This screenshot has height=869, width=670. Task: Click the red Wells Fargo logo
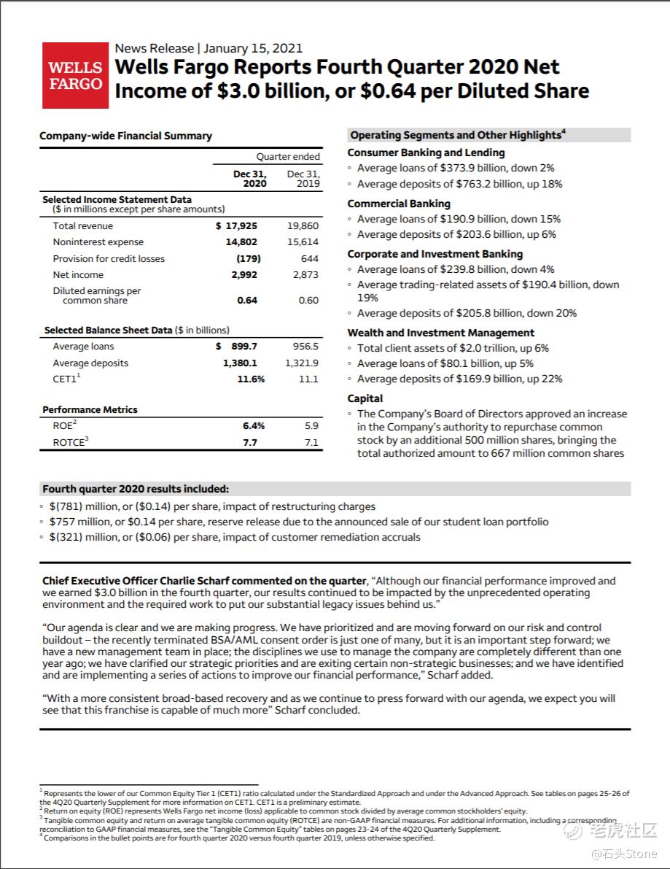pyautogui.click(x=75, y=75)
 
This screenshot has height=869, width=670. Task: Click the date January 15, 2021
pyautogui.click(x=253, y=48)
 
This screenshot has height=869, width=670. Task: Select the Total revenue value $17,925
pyautogui.click(x=236, y=226)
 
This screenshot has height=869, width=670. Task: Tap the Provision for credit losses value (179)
pyautogui.click(x=248, y=259)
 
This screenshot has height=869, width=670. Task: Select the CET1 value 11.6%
pyautogui.click(x=251, y=379)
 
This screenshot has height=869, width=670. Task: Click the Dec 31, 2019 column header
pyautogui.click(x=303, y=179)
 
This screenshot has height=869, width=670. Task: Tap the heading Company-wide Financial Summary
pyautogui.click(x=125, y=136)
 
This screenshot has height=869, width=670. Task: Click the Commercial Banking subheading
pyautogui.click(x=399, y=204)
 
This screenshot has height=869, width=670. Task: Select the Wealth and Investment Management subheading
pyautogui.click(x=440, y=333)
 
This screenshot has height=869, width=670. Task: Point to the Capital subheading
pyautogui.click(x=365, y=398)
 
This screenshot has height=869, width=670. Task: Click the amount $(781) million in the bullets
pyautogui.click(x=82, y=506)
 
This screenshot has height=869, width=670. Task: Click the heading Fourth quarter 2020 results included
pyautogui.click(x=135, y=490)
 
